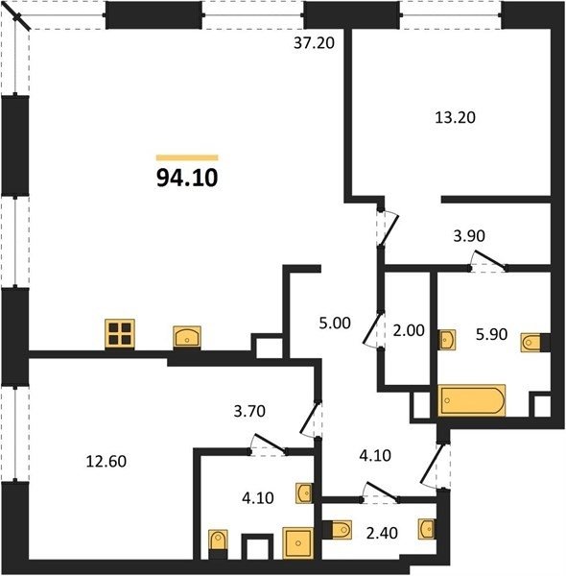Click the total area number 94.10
(187, 179)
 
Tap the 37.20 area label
(315, 43)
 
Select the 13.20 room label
(455, 117)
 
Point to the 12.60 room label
(106, 462)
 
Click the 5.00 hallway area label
(335, 323)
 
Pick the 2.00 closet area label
(409, 330)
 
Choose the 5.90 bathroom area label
(491, 334)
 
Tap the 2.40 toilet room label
(382, 533)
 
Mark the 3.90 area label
(469, 236)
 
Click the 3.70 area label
(249, 411)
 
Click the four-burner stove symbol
(120, 333)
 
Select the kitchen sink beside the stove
(187, 337)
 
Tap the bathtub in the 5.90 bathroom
(472, 400)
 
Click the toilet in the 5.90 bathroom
(531, 343)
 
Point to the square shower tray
(298, 543)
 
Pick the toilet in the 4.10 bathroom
(218, 543)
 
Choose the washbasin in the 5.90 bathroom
(447, 340)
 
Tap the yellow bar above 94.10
(187, 158)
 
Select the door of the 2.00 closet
(371, 328)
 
